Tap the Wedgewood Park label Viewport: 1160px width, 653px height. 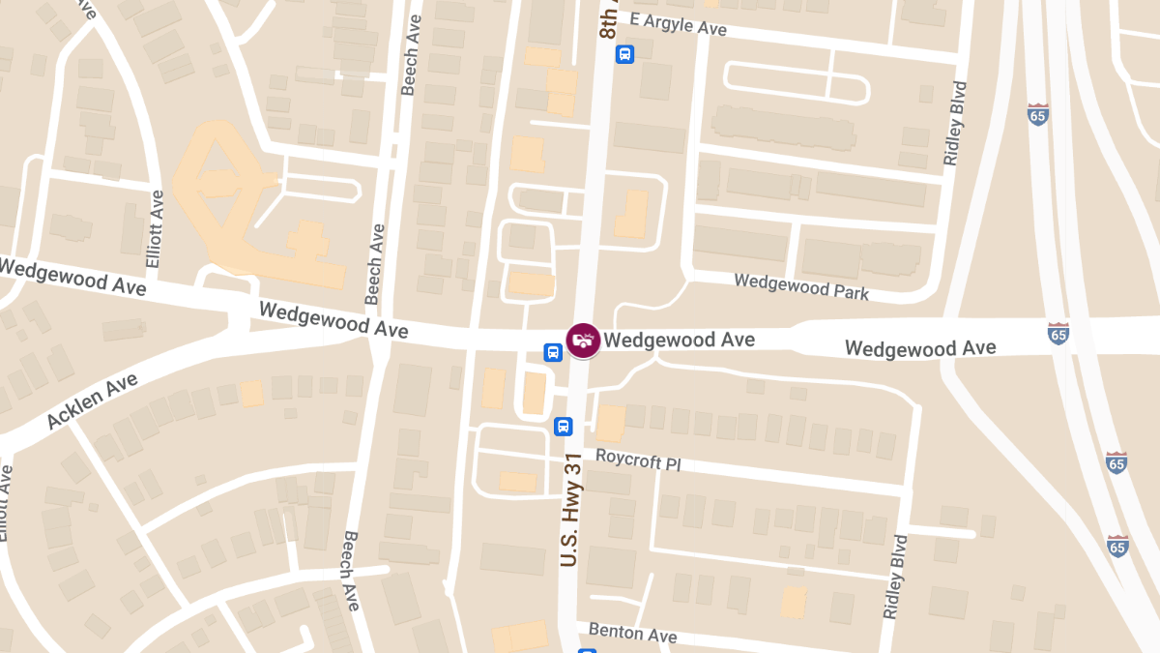click(801, 286)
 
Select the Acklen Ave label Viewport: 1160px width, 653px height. click(92, 401)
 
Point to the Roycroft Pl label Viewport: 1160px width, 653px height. click(638, 459)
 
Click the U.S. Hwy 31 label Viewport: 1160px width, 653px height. click(570, 512)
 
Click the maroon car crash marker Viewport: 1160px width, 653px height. click(583, 340)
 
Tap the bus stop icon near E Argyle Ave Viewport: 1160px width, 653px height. click(625, 54)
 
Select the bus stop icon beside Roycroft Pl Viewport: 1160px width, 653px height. click(564, 426)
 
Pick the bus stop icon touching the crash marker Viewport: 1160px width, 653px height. click(553, 352)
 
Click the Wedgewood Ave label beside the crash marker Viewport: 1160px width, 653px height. click(679, 340)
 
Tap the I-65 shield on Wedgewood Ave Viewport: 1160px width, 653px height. click(1058, 334)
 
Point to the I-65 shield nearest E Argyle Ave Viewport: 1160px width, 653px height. click(1038, 114)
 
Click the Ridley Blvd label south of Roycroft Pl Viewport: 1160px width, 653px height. click(895, 577)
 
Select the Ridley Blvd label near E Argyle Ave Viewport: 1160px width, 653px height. click(957, 123)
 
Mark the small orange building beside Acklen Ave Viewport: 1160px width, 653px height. click(251, 394)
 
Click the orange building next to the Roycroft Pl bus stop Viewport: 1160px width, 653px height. click(610, 423)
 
